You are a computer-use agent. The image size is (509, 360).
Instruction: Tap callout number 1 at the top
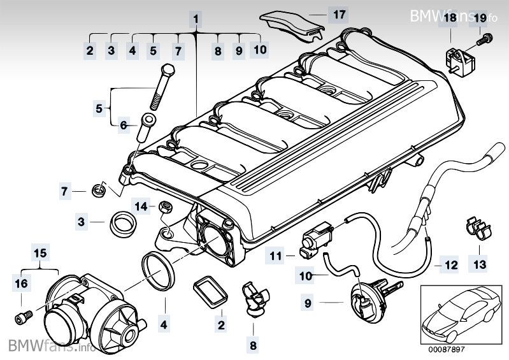196,18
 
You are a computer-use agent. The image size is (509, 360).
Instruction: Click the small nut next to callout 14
164,206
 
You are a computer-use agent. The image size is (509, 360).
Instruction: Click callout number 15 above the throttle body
40,254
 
